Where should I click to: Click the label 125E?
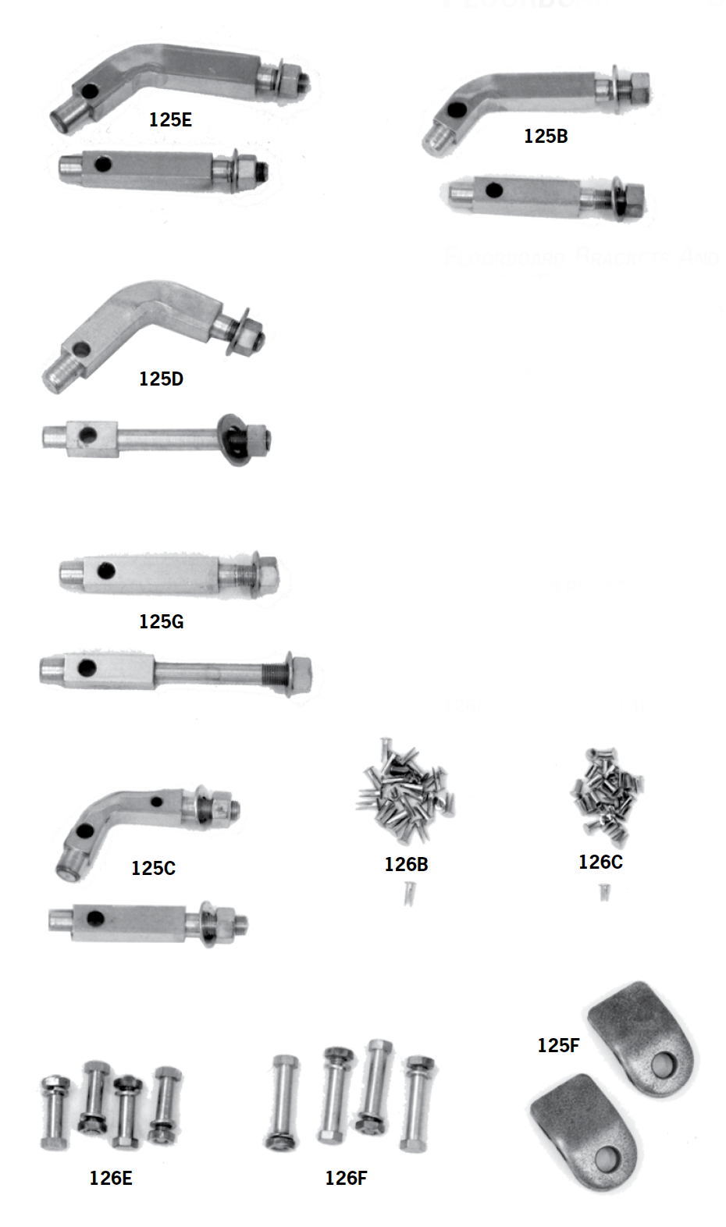pos(170,119)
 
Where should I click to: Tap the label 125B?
pos(545,136)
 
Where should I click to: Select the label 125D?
pos(161,379)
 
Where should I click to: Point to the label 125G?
pos(161,621)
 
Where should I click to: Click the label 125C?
pos(153,868)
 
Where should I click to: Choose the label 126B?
pos(406,864)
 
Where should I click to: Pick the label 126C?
pos(600,862)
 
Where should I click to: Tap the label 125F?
pos(558,1045)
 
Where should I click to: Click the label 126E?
pos(111,1178)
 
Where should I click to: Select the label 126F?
pos(346,1178)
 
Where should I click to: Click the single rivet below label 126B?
pos(409,893)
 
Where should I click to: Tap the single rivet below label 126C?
pos(603,891)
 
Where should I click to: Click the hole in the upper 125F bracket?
pos(664,1063)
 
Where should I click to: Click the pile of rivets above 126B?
pos(406,792)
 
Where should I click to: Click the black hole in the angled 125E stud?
pos(91,91)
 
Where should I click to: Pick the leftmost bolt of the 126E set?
pos(55,1112)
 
